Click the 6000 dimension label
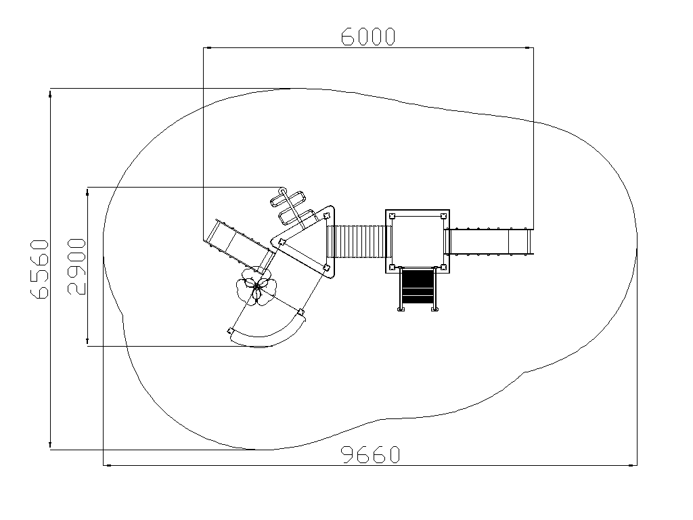(x=367, y=37)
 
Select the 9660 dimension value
(x=372, y=454)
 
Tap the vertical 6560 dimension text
(x=39, y=269)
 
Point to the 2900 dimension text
(x=76, y=266)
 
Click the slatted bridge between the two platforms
(x=359, y=242)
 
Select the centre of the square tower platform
(x=418, y=242)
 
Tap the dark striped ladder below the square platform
(x=418, y=287)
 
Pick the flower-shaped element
(x=256, y=288)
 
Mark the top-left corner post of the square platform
(x=392, y=216)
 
